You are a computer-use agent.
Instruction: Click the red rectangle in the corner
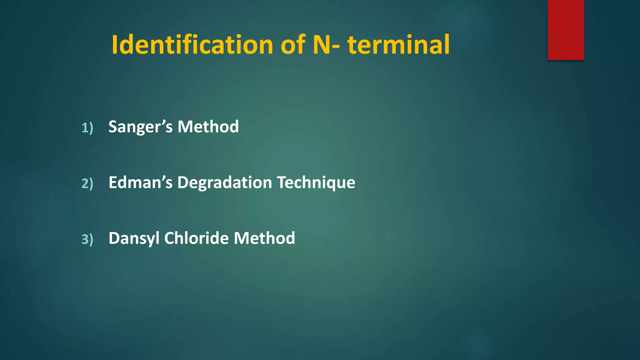566,30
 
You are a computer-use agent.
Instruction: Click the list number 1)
87,128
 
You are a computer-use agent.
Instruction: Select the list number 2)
87,183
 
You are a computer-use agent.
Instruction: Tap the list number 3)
87,239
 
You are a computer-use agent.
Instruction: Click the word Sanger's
140,127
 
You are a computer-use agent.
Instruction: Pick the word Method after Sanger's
208,127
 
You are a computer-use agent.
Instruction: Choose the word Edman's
140,182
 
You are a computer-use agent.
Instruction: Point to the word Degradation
224,183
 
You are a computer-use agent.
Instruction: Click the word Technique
316,183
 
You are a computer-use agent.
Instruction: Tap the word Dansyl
134,238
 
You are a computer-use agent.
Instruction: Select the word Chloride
197,238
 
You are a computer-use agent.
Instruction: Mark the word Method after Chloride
264,238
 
